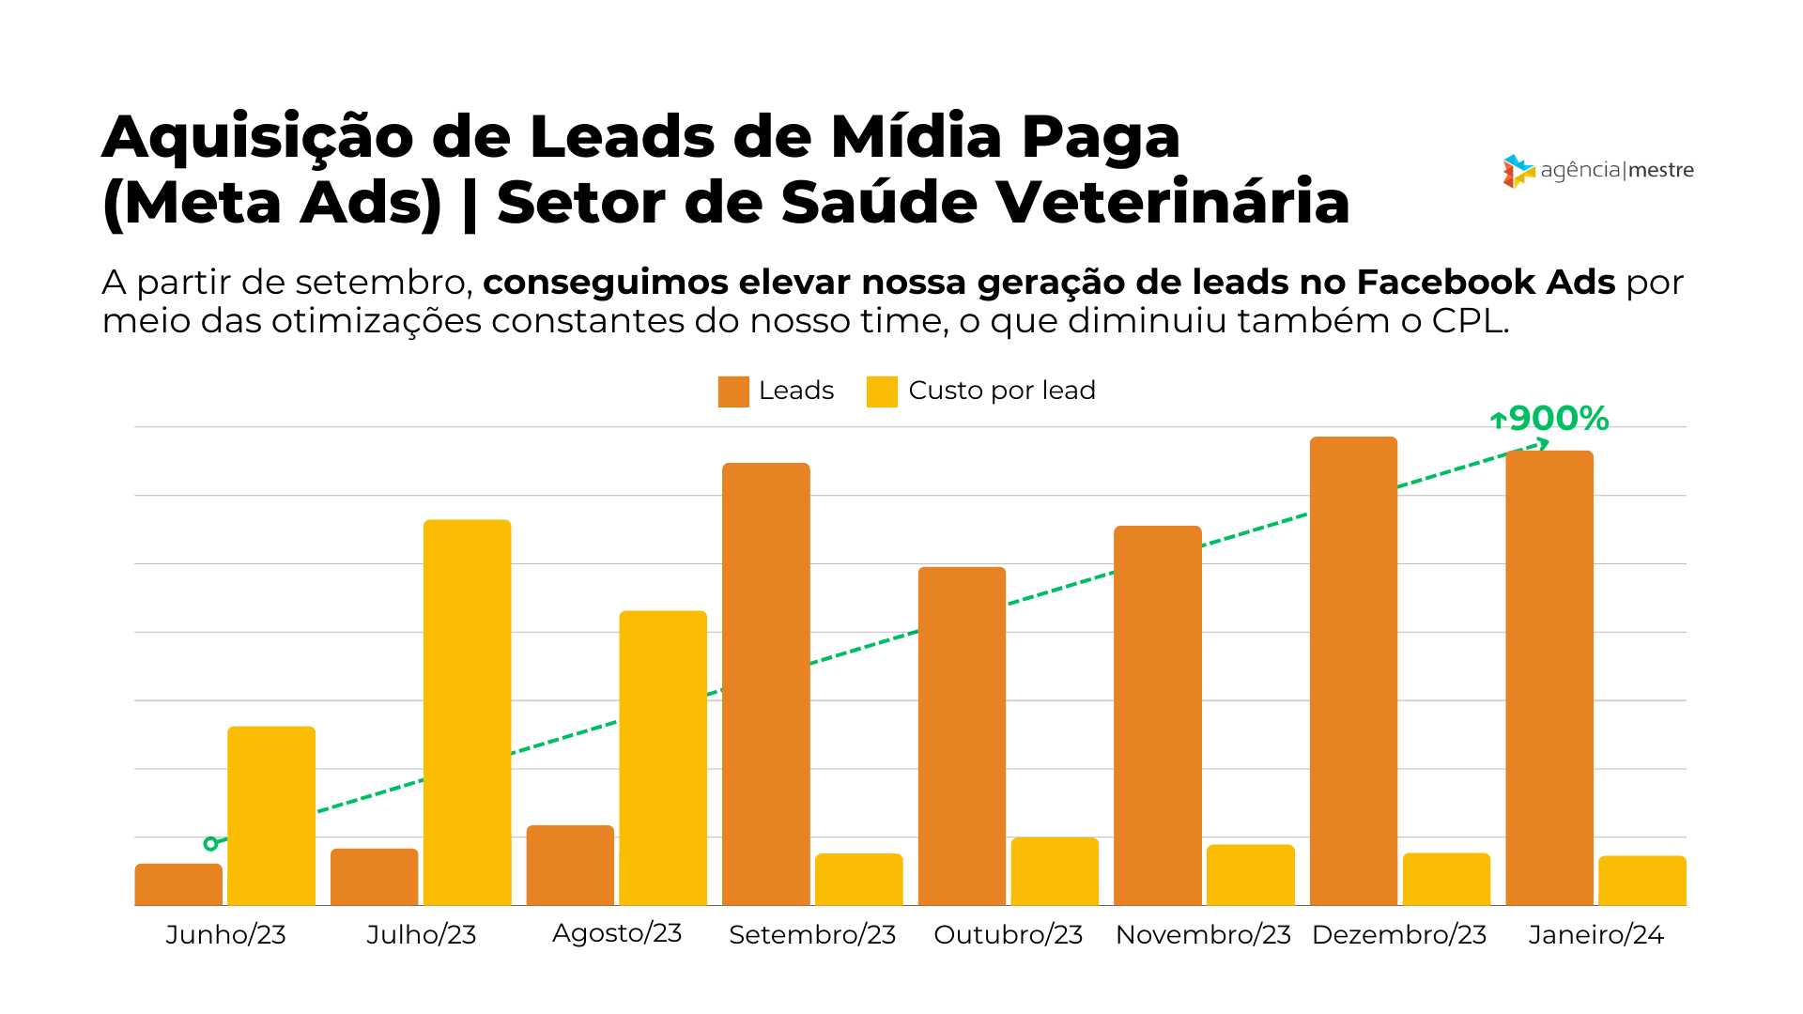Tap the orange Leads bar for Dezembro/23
point(1353,670)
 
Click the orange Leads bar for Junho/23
point(178,884)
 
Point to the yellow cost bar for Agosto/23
point(663,758)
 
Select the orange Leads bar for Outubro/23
point(962,736)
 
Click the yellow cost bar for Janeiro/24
point(1642,881)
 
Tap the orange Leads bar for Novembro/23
point(1157,715)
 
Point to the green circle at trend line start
point(210,844)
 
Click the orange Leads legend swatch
point(733,392)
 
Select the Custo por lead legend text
point(1001,391)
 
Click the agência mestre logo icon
point(1518,171)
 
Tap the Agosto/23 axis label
point(617,933)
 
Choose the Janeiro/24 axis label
point(1595,935)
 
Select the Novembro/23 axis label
point(1203,935)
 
